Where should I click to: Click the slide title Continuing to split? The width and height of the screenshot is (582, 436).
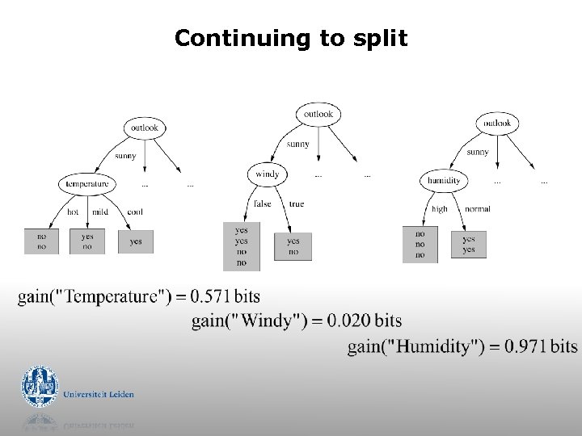[x=291, y=38]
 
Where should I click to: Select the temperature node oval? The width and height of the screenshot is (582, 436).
[x=87, y=184]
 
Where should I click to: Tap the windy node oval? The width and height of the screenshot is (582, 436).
[x=267, y=174]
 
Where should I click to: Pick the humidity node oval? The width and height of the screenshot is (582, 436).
[x=444, y=181]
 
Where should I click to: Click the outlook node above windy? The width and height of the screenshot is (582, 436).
[x=318, y=115]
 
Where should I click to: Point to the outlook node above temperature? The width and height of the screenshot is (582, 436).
[x=145, y=128]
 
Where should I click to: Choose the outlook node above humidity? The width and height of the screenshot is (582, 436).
[x=496, y=124]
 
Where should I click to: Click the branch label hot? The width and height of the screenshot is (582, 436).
[x=73, y=212]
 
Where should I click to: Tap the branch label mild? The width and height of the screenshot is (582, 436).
[x=99, y=212]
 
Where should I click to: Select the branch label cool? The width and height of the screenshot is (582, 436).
[x=135, y=212]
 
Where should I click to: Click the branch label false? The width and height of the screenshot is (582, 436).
[x=263, y=204]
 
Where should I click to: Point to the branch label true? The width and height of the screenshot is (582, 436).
[x=297, y=204]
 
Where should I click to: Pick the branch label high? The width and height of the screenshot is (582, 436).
[x=439, y=208]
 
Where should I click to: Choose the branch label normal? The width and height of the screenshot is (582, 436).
[x=477, y=208]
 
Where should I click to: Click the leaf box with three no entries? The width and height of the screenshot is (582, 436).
[x=420, y=244]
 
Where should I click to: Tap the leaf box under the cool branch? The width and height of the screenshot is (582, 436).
[x=135, y=241]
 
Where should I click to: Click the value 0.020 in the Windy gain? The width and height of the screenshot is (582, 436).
[x=350, y=321]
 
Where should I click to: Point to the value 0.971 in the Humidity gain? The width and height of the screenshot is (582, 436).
[x=525, y=346]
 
